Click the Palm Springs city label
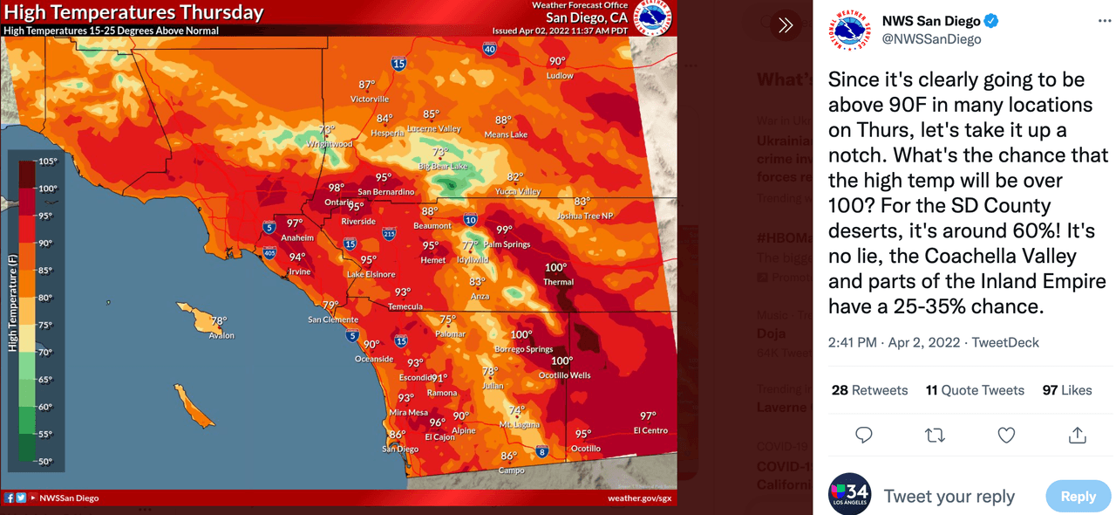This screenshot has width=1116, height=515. pos(507,244)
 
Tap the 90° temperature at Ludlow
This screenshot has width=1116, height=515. pos(557,61)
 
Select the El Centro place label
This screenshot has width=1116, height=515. pos(650,430)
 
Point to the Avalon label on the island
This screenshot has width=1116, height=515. pos(221,335)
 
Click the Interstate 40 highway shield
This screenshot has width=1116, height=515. pos(489,50)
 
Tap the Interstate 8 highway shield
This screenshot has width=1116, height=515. pos(542,451)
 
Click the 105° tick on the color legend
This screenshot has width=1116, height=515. pos(47,161)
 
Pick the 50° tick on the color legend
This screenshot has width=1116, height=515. pos(45,462)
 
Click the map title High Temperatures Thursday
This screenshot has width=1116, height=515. pos(133,12)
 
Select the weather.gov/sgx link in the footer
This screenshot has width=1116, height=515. pos(639,498)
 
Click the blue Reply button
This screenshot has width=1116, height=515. pos(1078,496)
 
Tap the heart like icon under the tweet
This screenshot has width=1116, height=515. pos(1006,435)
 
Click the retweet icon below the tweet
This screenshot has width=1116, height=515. pos(935,435)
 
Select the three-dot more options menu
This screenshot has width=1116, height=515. pos(1104,21)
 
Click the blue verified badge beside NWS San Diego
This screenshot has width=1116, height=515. pos(991,21)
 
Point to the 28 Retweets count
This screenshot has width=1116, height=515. pos(869,390)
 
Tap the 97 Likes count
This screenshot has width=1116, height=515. pos(1066,390)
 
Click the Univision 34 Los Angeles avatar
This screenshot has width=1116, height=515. pos(849,494)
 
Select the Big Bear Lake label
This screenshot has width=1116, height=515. pos(443,166)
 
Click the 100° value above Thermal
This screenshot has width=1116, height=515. pos(555,268)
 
